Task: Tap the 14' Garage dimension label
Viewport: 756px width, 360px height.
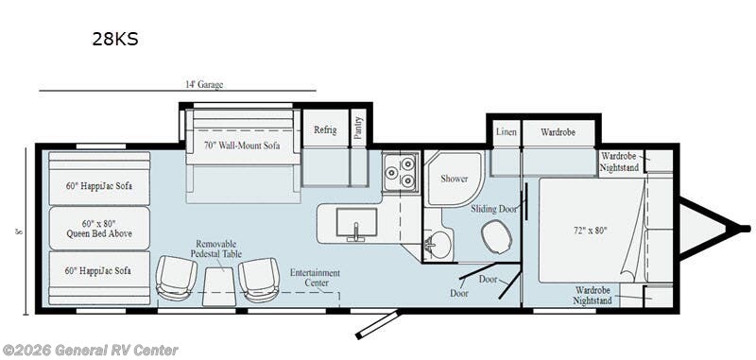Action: pyautogui.click(x=204, y=84)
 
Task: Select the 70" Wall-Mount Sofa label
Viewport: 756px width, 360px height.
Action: pyautogui.click(x=242, y=146)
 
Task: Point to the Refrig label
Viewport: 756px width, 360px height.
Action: pyautogui.click(x=324, y=129)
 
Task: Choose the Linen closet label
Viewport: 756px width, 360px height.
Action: pyautogui.click(x=506, y=132)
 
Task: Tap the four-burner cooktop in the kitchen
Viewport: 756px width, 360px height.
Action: pyautogui.click(x=401, y=173)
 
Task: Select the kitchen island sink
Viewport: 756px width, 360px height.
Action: pyautogui.click(x=356, y=224)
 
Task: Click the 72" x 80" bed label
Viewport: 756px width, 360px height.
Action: pyautogui.click(x=590, y=230)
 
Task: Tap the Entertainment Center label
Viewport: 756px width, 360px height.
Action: pyautogui.click(x=315, y=279)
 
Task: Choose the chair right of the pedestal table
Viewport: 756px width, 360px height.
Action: pyautogui.click(x=258, y=278)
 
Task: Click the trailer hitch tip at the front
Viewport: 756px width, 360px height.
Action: pyautogui.click(x=745, y=228)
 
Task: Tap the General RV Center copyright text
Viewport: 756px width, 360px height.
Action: pyautogui.click(x=90, y=351)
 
